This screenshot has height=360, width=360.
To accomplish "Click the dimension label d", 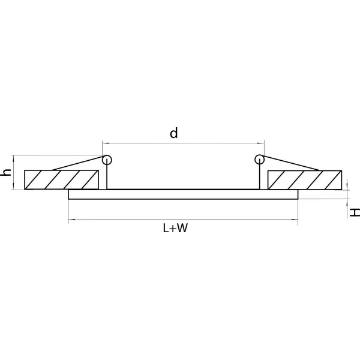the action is [x=174, y=133].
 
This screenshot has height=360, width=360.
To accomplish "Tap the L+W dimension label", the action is [x=175, y=228].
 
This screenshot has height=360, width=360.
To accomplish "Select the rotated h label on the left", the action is [x=6, y=172].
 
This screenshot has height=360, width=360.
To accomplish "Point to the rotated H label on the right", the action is [x=355, y=212].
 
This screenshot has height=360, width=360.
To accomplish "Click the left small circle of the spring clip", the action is [x=107, y=160].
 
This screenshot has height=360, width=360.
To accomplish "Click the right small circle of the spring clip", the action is [x=259, y=160].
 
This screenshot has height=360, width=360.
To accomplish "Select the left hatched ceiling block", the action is [x=62, y=180].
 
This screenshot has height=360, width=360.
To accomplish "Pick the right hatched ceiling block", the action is [x=305, y=180].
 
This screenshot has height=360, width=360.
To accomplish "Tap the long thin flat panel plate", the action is [x=183, y=194].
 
